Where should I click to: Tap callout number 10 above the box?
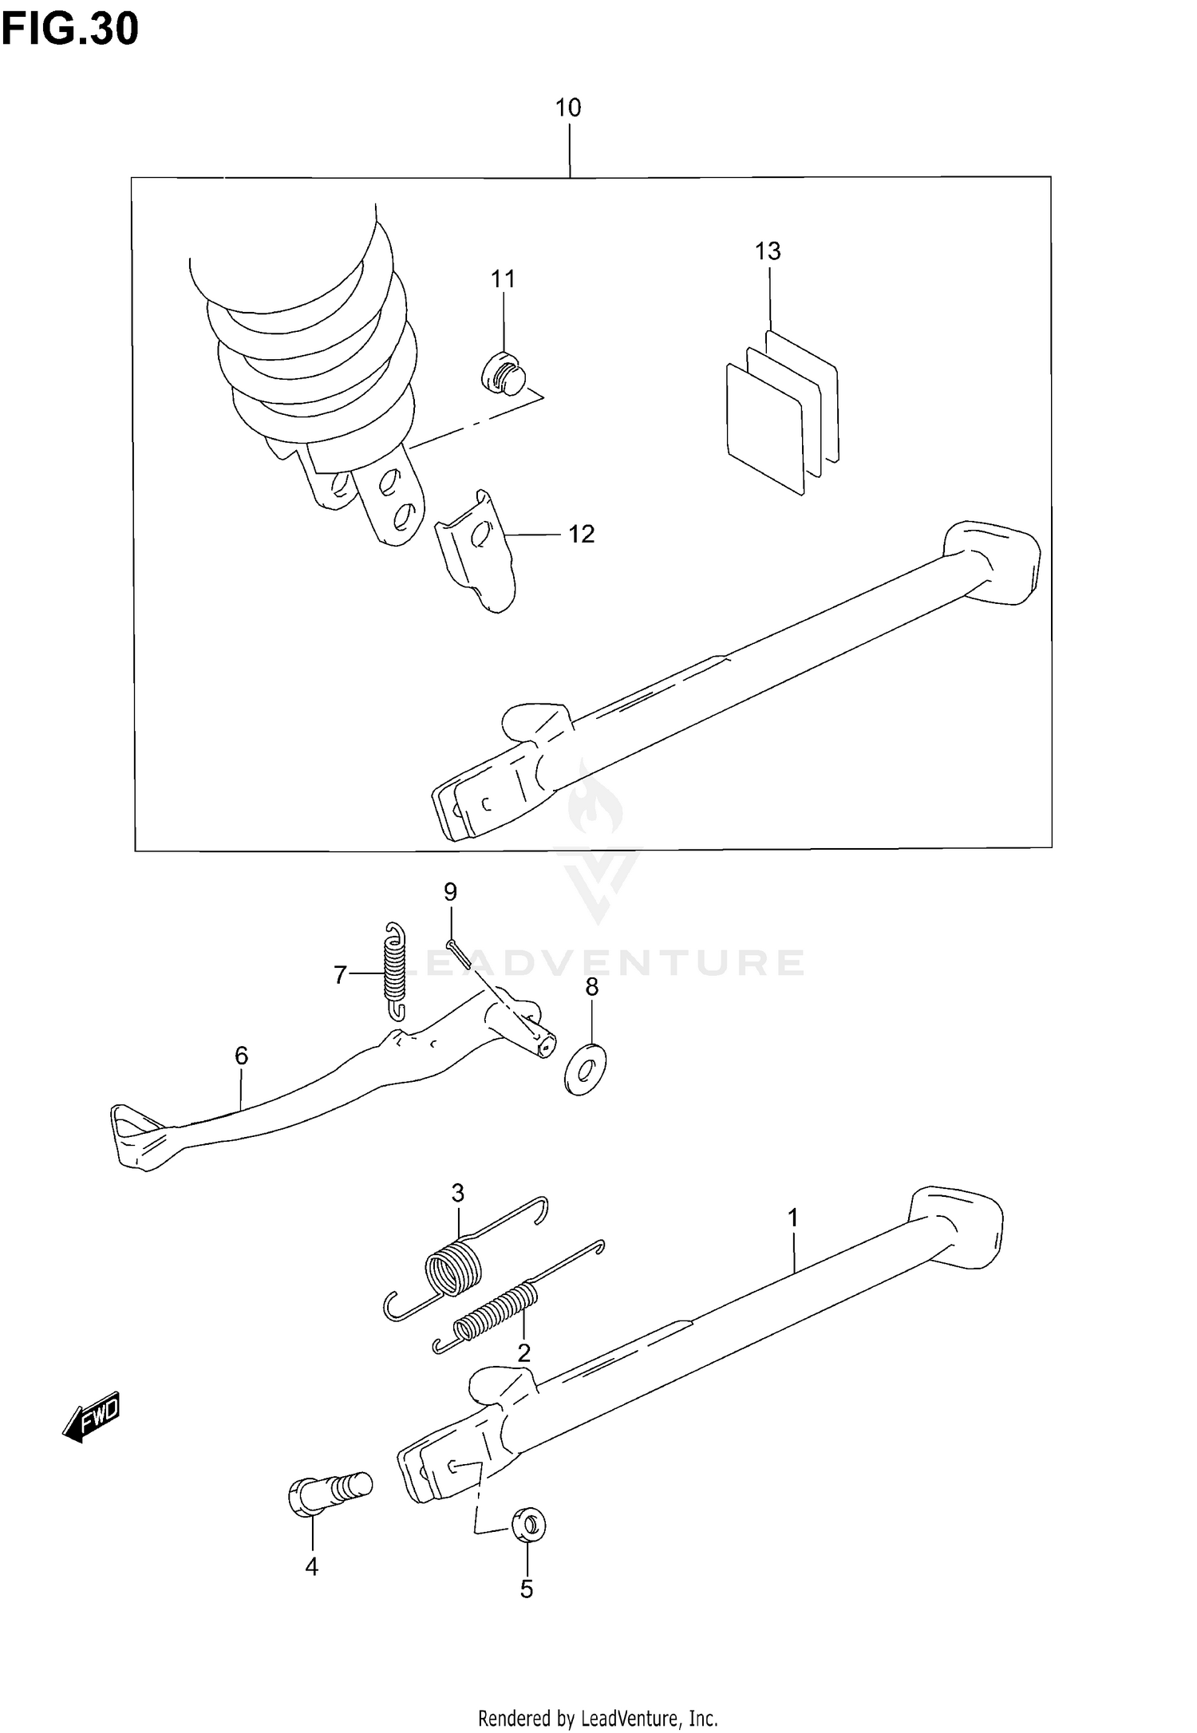pos(568,108)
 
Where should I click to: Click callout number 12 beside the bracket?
pos(582,534)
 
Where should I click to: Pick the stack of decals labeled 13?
pos(780,412)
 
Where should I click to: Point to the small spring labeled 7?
pos(394,970)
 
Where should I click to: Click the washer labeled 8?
pos(586,1068)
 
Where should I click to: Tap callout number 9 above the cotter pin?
pos(450,891)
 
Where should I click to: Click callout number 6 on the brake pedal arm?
pos(242,1056)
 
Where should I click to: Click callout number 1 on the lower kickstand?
pos(792,1218)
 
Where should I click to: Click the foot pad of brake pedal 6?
pos(136,1136)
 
